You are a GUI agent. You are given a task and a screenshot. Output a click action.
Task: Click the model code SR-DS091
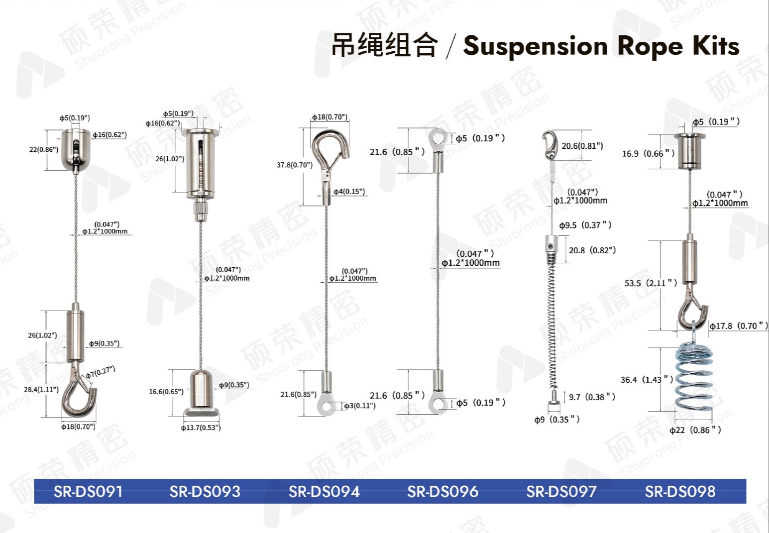[x=88, y=492]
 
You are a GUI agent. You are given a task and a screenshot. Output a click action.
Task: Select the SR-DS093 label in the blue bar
[x=205, y=492]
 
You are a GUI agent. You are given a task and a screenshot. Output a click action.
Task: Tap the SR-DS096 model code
[x=442, y=492]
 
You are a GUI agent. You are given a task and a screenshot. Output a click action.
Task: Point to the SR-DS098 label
[x=680, y=492]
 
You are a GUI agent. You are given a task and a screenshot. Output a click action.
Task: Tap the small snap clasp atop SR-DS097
[x=549, y=144]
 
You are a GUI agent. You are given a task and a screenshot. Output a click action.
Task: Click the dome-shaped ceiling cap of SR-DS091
[x=76, y=150]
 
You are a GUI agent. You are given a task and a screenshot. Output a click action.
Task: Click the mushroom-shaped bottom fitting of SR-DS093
[x=201, y=394]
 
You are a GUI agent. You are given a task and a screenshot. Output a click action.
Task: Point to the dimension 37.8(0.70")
[x=295, y=165]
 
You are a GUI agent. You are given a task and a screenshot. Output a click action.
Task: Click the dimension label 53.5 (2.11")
[x=651, y=283]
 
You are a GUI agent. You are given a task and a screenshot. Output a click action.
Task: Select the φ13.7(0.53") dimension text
[x=201, y=427]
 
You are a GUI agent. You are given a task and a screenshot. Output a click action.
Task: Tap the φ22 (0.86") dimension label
[x=695, y=430]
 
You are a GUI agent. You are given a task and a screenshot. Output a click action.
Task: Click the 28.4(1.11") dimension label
[x=41, y=390]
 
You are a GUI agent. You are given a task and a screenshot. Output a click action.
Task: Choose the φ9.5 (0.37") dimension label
[x=585, y=225]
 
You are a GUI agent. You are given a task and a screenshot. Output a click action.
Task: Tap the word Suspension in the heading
[x=536, y=47]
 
